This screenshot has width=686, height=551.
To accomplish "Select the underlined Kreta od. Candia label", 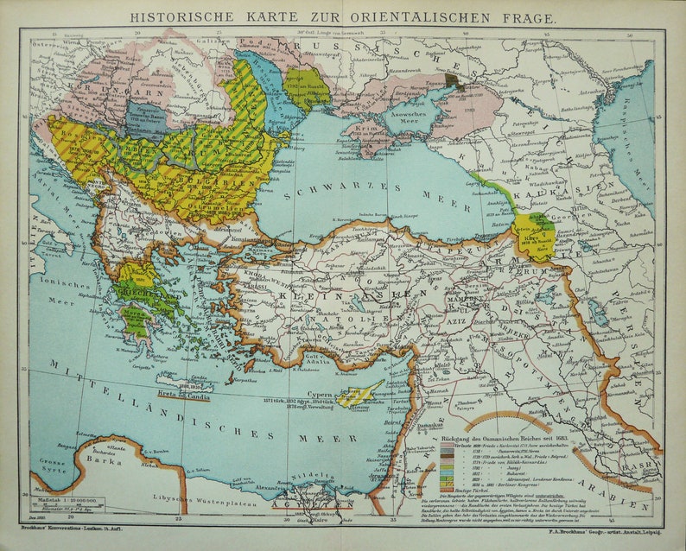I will [182, 394].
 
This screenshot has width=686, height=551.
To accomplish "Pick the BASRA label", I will [643, 459].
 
